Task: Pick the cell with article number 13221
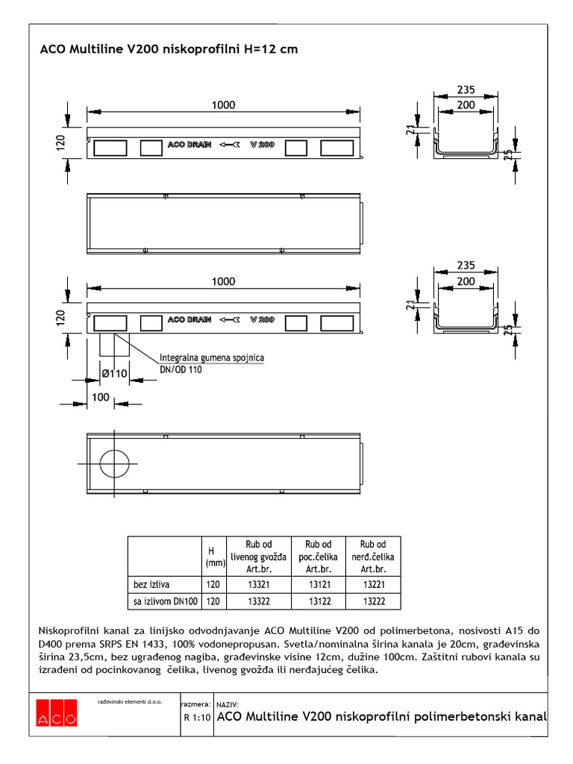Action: pyautogui.click(x=372, y=583)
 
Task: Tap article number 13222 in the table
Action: pyautogui.click(x=372, y=601)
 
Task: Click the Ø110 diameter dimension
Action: pyautogui.click(x=114, y=374)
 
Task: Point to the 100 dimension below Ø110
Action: pyautogui.click(x=100, y=397)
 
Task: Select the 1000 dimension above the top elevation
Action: pyautogui.click(x=222, y=105)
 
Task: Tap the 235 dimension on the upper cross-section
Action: pyautogui.click(x=466, y=90)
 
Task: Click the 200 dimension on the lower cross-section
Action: pyautogui.click(x=466, y=281)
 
